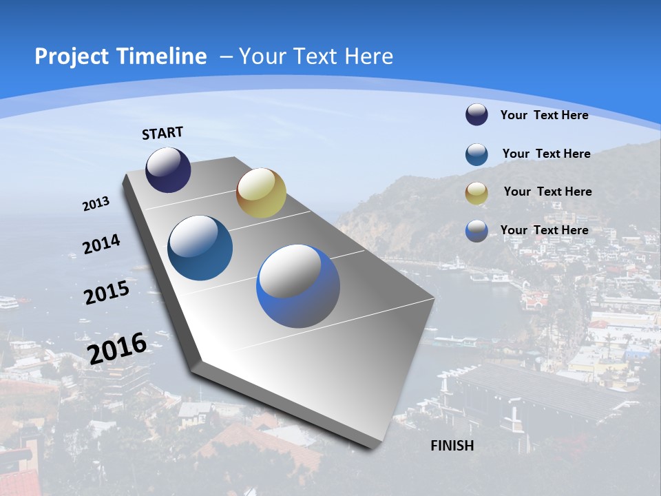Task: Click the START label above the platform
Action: coord(162,133)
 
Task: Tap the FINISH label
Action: coord(452,445)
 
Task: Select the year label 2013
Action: coord(96,204)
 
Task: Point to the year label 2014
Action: coord(101,245)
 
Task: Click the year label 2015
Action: coord(106,293)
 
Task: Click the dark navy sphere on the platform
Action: coord(168,169)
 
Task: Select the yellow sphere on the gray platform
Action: coord(261,192)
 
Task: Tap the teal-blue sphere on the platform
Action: coord(200,248)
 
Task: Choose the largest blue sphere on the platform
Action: coord(298,286)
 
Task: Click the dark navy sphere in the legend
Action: coord(476,115)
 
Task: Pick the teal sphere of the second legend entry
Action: coord(476,154)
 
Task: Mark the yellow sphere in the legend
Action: coord(476,193)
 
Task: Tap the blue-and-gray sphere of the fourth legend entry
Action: coord(476,231)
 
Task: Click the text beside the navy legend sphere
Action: coord(544,115)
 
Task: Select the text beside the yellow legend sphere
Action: coord(547,192)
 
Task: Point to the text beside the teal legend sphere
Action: coord(546,154)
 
